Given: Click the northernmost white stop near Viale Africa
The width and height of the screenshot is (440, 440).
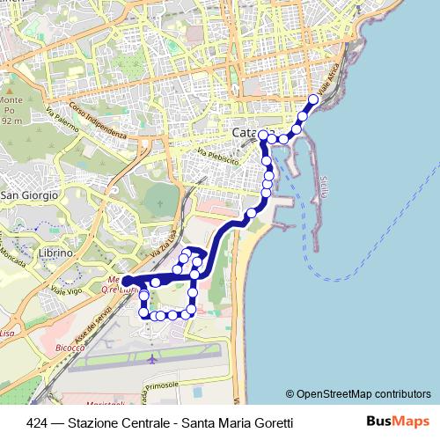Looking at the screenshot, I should pyautogui.click(x=312, y=99).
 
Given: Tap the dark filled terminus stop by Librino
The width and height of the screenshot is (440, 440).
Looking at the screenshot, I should pyautogui.click(x=127, y=282).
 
